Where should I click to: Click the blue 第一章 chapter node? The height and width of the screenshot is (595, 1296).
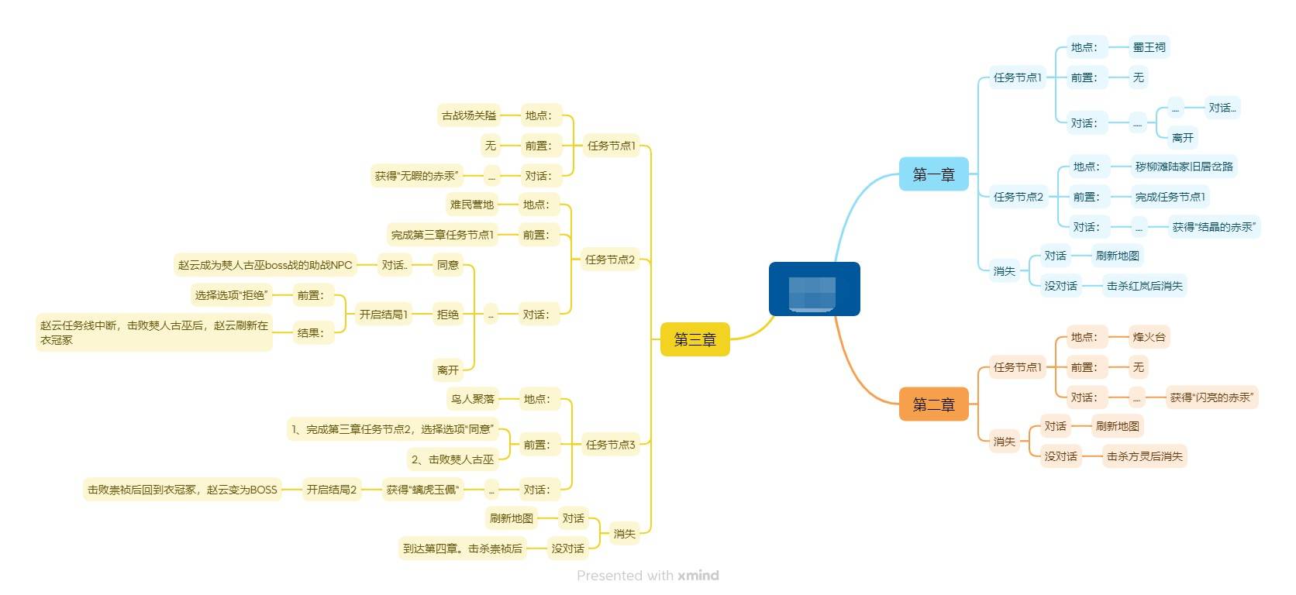tap(933, 174)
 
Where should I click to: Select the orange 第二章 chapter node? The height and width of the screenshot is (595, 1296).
tap(933, 404)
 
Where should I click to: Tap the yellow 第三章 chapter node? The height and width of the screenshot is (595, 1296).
tap(695, 339)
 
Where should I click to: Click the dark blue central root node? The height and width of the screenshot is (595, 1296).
tap(814, 289)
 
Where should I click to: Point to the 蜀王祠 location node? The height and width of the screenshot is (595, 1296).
tap(1149, 47)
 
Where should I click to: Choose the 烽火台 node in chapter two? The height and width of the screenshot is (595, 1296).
tap(1149, 337)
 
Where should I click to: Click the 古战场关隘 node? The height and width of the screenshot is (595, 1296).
tap(468, 115)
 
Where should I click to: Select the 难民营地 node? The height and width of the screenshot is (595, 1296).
tap(471, 205)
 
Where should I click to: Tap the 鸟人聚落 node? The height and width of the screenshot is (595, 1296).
tap(472, 399)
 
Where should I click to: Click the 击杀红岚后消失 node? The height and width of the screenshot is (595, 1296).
tap(1144, 286)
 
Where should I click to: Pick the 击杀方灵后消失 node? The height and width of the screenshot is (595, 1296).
tap(1144, 456)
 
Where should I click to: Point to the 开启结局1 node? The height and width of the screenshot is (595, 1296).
tap(383, 315)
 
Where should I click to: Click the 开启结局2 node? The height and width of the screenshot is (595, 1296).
tap(331, 490)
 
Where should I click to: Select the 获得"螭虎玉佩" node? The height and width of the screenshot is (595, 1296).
tap(422, 490)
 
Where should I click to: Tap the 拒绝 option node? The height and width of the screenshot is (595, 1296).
tap(447, 315)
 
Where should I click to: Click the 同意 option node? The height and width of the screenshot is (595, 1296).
tap(447, 265)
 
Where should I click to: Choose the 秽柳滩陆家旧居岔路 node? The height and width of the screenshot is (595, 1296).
tap(1184, 167)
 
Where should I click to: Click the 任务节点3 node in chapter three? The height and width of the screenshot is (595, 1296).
tap(610, 445)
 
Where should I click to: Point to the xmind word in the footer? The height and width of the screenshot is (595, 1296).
tap(698, 576)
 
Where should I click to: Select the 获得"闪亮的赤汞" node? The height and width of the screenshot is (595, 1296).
tap(1211, 397)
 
